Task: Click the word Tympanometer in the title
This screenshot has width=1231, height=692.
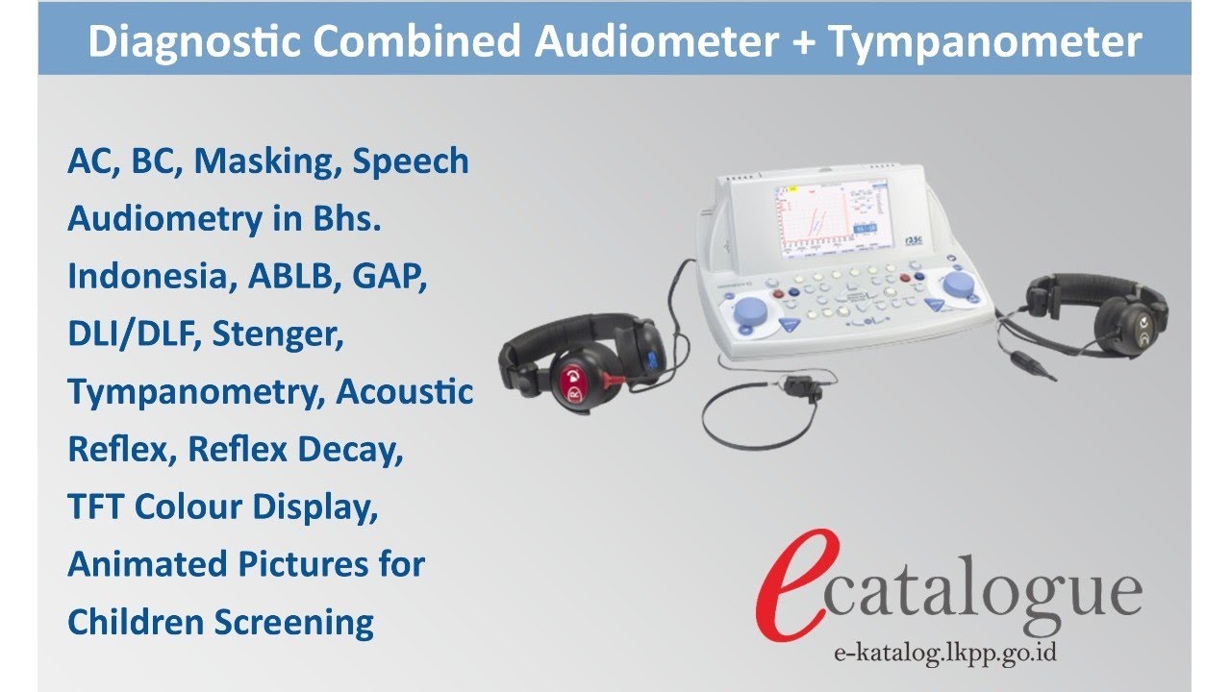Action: click(x=986, y=43)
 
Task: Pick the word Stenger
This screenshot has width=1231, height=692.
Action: click(x=278, y=335)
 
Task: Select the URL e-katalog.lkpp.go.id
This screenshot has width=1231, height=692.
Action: click(x=945, y=653)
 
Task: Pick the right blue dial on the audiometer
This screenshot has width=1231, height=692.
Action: click(x=958, y=284)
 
